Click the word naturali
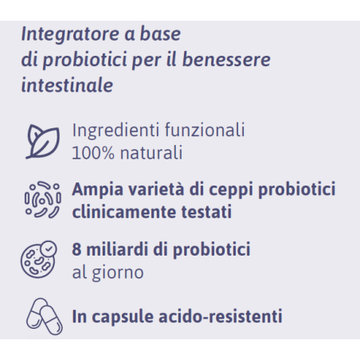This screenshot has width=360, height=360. coord(149,151)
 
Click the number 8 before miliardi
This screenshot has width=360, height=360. coord(76,248)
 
